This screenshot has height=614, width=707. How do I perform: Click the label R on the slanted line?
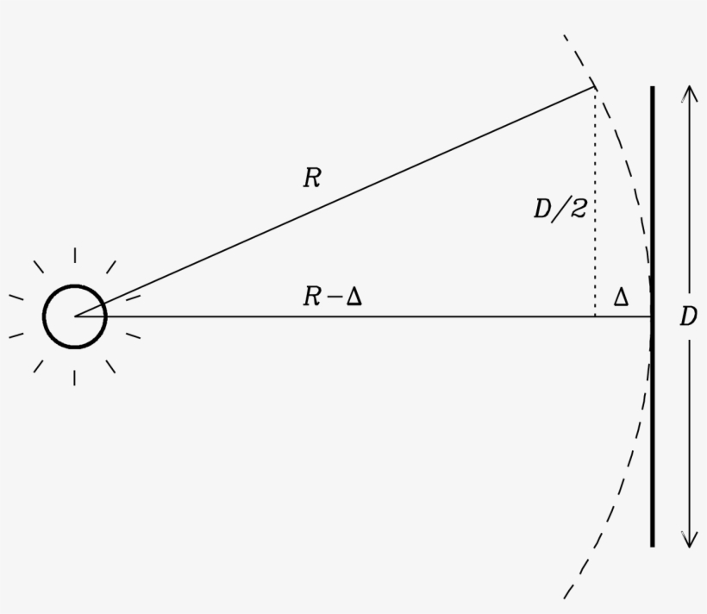click(311, 179)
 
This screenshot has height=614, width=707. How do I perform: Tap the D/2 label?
click(560, 210)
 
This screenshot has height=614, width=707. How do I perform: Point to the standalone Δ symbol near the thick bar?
click(620, 298)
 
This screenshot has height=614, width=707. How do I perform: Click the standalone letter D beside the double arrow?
click(687, 317)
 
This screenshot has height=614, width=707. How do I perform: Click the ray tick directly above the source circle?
click(75, 255)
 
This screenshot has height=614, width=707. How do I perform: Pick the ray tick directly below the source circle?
click(75, 378)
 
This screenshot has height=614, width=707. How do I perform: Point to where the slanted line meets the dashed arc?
click(595, 86)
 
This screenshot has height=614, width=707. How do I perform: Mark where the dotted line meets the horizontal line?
click(595, 316)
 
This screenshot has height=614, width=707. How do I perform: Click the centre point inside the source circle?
click(75, 316)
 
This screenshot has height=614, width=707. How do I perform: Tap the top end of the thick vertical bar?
click(652, 89)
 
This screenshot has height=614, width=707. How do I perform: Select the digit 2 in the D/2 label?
click(578, 210)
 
